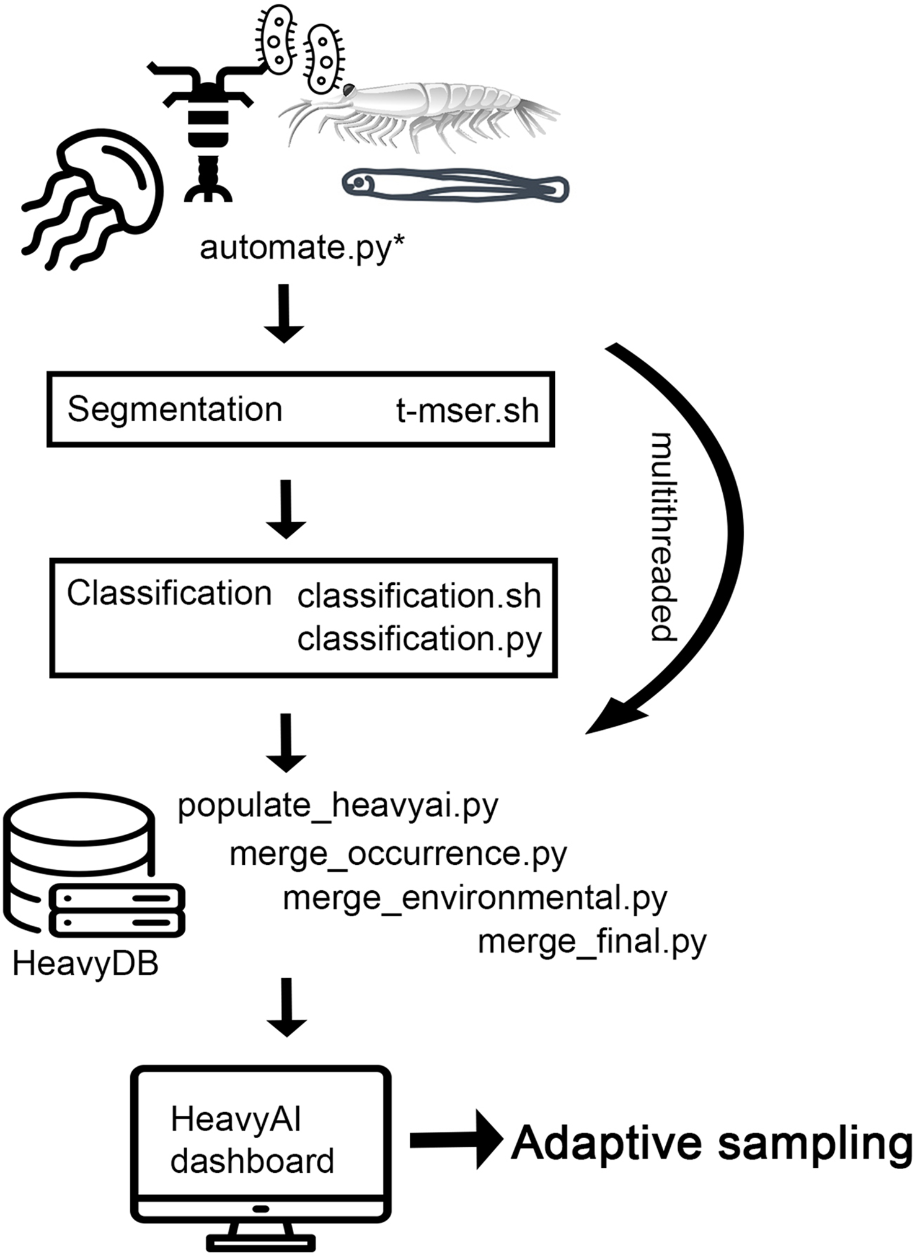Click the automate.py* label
click(302, 248)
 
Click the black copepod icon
click(201, 124)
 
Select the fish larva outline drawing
click(456, 185)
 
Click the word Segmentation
click(175, 410)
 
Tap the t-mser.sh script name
click(467, 411)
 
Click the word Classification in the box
click(169, 593)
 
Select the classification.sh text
click(419, 596)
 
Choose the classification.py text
click(419, 638)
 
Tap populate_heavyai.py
click(338, 805)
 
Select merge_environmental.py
click(475, 898)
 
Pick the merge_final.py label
click(592, 942)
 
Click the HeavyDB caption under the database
click(86, 964)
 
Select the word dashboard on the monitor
click(252, 1162)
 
